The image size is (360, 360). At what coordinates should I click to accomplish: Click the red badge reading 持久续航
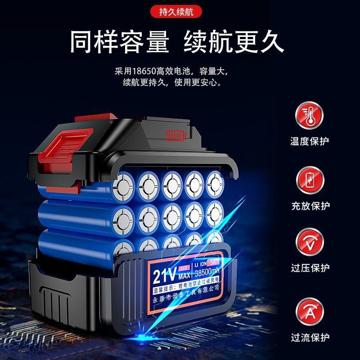tap(180, 12)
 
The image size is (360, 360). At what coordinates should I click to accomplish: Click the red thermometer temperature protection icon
tap(309, 116)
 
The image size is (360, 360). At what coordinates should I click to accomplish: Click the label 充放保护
tap(310, 206)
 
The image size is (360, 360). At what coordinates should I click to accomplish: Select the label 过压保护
tap(310, 268)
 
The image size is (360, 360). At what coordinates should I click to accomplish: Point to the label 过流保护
tap(310, 337)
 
